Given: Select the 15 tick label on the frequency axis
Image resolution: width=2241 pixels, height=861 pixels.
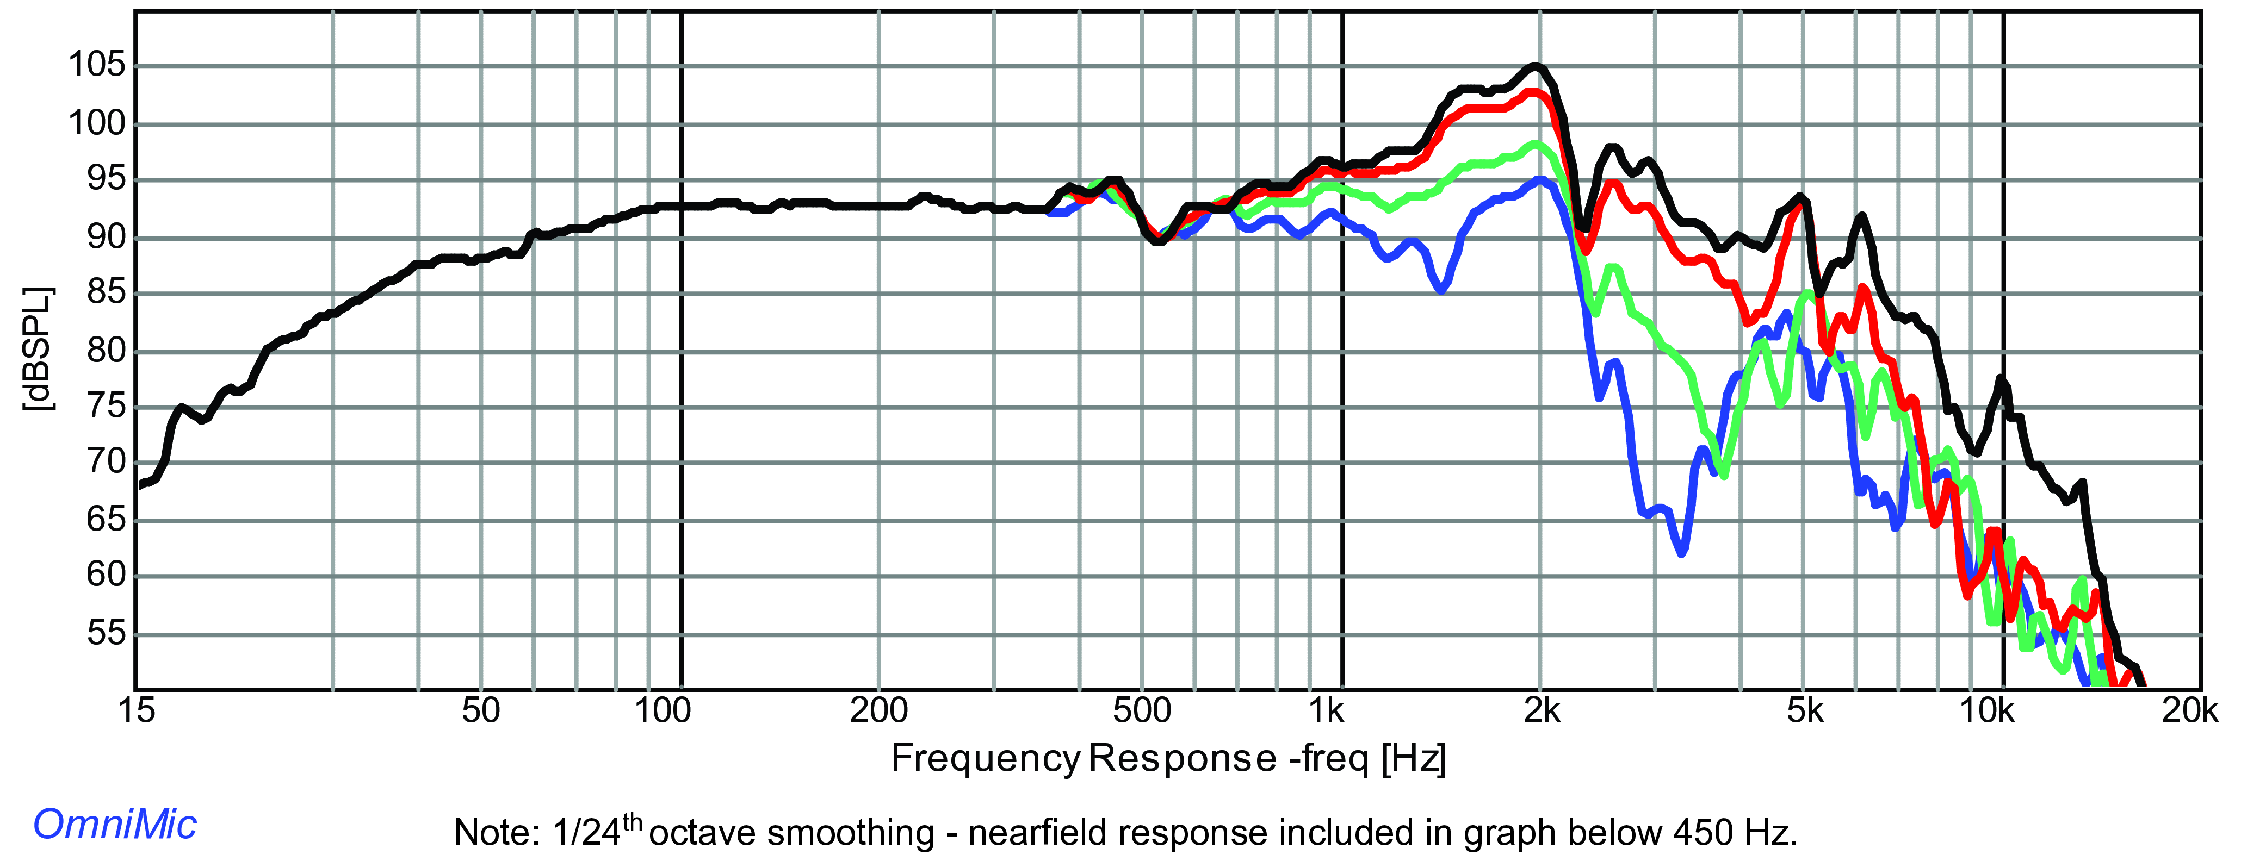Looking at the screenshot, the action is [x=136, y=710].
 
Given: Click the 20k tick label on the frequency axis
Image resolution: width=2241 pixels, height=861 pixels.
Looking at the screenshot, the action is [x=2190, y=710].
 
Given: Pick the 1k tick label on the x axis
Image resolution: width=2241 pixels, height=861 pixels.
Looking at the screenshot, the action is [x=1327, y=710].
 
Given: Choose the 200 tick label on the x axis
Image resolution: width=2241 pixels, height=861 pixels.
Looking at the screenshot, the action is [x=878, y=710].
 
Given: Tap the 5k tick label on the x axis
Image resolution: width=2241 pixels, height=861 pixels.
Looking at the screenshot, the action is [x=1805, y=710].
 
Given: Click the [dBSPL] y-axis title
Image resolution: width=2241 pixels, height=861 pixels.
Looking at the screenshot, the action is [x=38, y=348].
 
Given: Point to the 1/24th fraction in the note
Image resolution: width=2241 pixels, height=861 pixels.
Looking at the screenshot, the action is [x=598, y=831].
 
